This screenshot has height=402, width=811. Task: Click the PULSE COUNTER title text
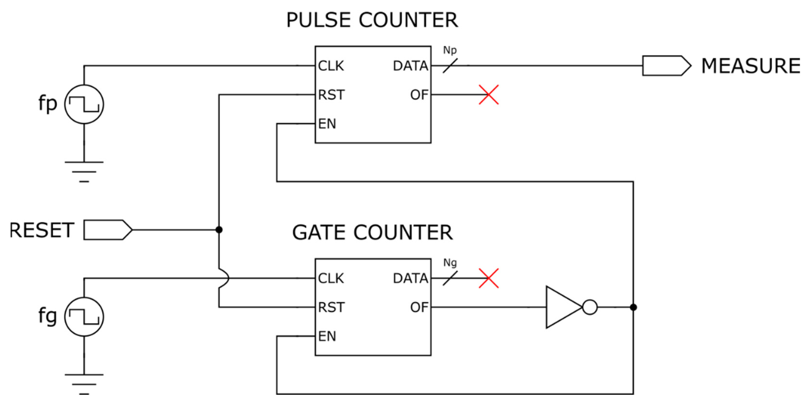click(x=372, y=20)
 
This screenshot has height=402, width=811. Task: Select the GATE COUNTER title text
click(x=372, y=233)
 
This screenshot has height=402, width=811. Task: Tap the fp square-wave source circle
click(x=84, y=104)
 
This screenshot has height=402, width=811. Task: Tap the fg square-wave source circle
click(x=84, y=317)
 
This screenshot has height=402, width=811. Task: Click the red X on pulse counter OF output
click(x=489, y=95)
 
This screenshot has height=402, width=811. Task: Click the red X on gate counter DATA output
click(x=489, y=278)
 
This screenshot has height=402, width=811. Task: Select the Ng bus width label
click(x=450, y=263)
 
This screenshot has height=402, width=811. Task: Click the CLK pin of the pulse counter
click(x=331, y=66)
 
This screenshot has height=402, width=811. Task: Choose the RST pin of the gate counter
click(x=331, y=307)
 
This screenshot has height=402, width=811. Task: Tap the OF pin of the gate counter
click(x=419, y=307)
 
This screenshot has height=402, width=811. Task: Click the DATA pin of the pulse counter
click(x=411, y=66)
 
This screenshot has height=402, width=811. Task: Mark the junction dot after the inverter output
click(x=633, y=307)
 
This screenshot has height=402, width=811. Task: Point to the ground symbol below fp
click(x=84, y=172)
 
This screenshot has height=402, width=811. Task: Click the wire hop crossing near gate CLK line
click(x=224, y=278)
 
